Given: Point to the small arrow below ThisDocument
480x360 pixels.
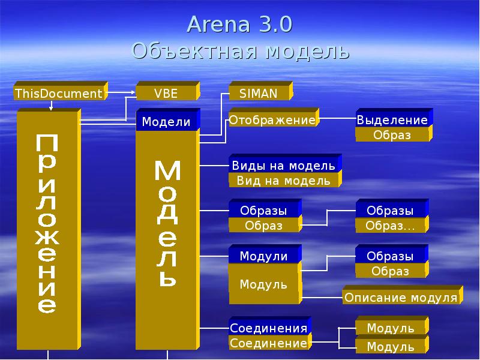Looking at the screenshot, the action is coord(51,106).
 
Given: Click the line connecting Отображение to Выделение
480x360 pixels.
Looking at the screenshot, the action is coord(337,118).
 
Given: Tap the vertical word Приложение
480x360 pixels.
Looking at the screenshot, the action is coord(47,224).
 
